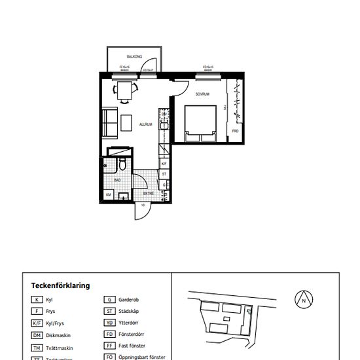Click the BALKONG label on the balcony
[135, 57]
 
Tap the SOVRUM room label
[202, 94]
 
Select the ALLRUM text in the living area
[146, 124]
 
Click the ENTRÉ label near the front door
[149, 194]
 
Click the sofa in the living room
[109, 123]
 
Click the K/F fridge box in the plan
[164, 164]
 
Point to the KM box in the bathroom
[108, 194]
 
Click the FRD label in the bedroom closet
[235, 131]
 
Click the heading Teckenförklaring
[60, 285]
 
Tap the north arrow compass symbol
[304, 300]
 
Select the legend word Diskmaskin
[59, 335]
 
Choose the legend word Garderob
[129, 300]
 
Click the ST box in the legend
[110, 312]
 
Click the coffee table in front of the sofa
[126, 122]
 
